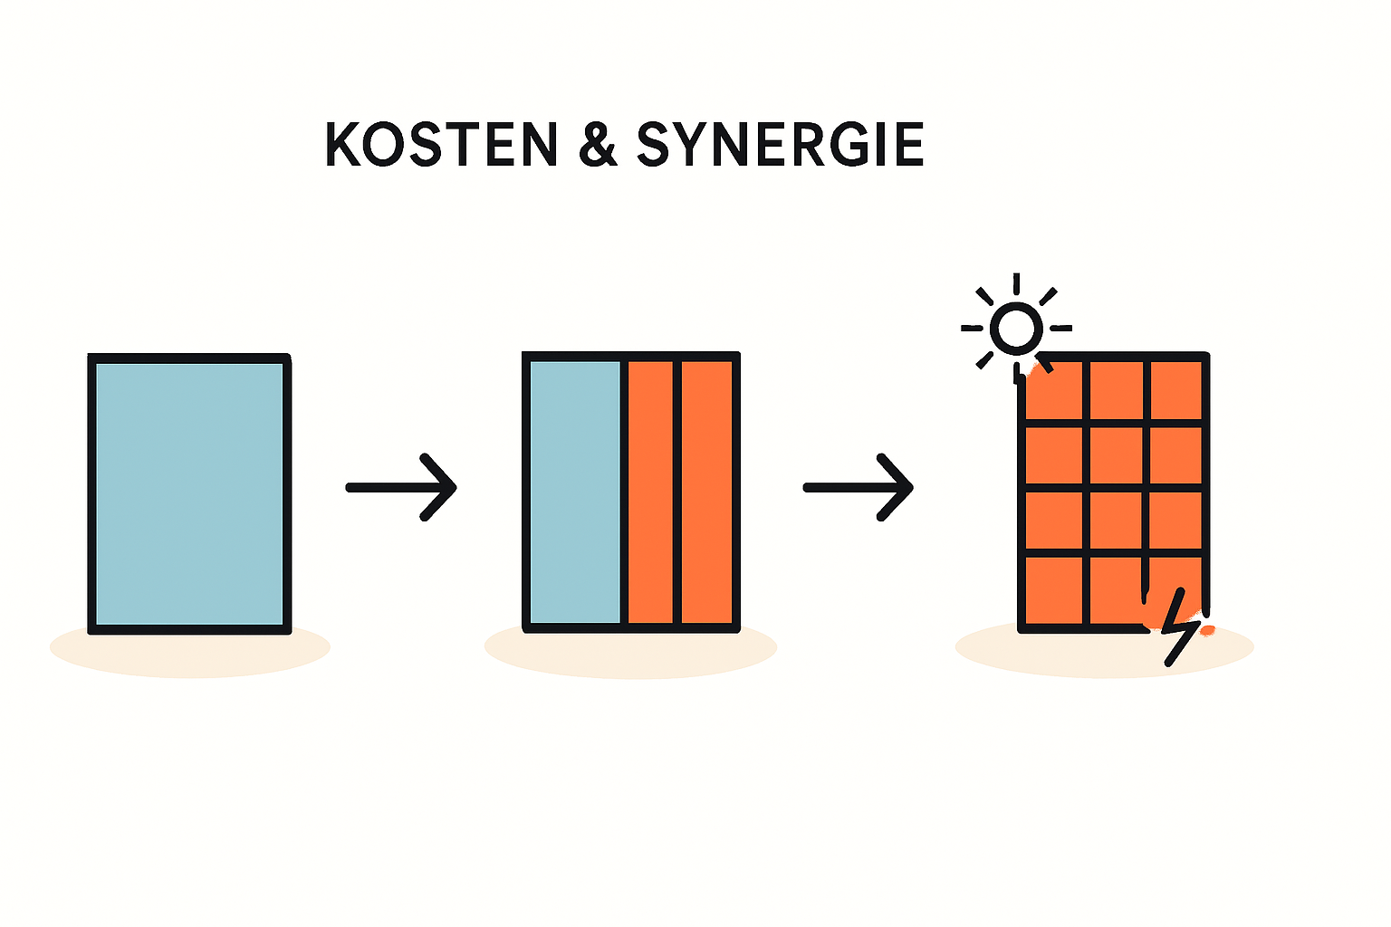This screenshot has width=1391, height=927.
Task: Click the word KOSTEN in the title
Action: pos(441,145)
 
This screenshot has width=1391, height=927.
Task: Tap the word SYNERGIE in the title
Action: pos(780,145)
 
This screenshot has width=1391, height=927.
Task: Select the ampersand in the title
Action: pos(598,145)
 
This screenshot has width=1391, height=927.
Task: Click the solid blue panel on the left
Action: pos(189,493)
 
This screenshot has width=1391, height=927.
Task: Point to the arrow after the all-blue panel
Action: pos(401,487)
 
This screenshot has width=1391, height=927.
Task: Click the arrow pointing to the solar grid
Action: pos(859,487)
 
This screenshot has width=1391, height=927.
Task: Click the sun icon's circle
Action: pos(1015,327)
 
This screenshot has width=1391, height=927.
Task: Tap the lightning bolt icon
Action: pos(1179,627)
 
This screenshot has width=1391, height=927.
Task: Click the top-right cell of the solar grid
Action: pos(1176,389)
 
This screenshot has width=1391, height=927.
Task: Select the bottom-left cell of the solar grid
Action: pos(1054,590)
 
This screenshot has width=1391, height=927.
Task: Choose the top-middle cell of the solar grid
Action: pos(1116,389)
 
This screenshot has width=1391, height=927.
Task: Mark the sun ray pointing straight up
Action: pos(1016,283)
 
